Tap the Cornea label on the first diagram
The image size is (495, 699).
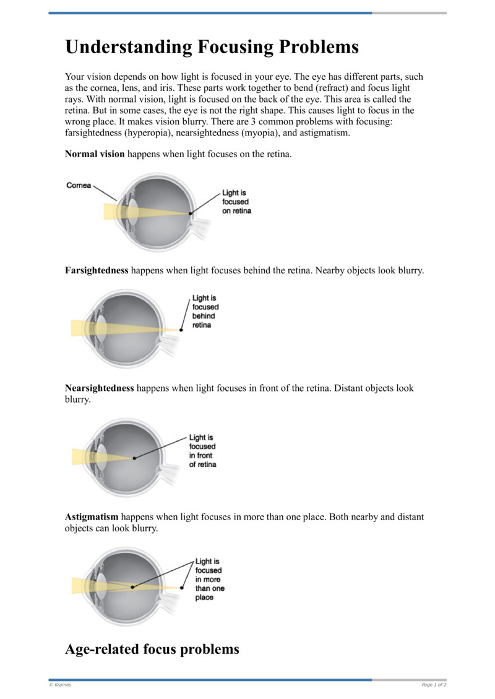click(79, 185)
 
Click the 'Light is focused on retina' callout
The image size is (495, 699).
click(237, 202)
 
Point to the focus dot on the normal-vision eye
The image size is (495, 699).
click(191, 213)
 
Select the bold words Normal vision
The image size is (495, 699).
click(95, 153)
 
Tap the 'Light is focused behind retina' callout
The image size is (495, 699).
click(205, 311)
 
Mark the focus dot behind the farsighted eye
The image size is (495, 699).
click(181, 330)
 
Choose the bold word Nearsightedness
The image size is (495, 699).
click(100, 388)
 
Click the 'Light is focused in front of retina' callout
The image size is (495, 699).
click(203, 451)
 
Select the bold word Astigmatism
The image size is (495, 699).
click(92, 517)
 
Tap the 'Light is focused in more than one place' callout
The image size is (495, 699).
click(210, 579)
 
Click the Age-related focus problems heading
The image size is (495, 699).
click(152, 650)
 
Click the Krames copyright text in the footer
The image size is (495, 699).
click(60, 685)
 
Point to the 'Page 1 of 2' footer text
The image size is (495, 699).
click(434, 685)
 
